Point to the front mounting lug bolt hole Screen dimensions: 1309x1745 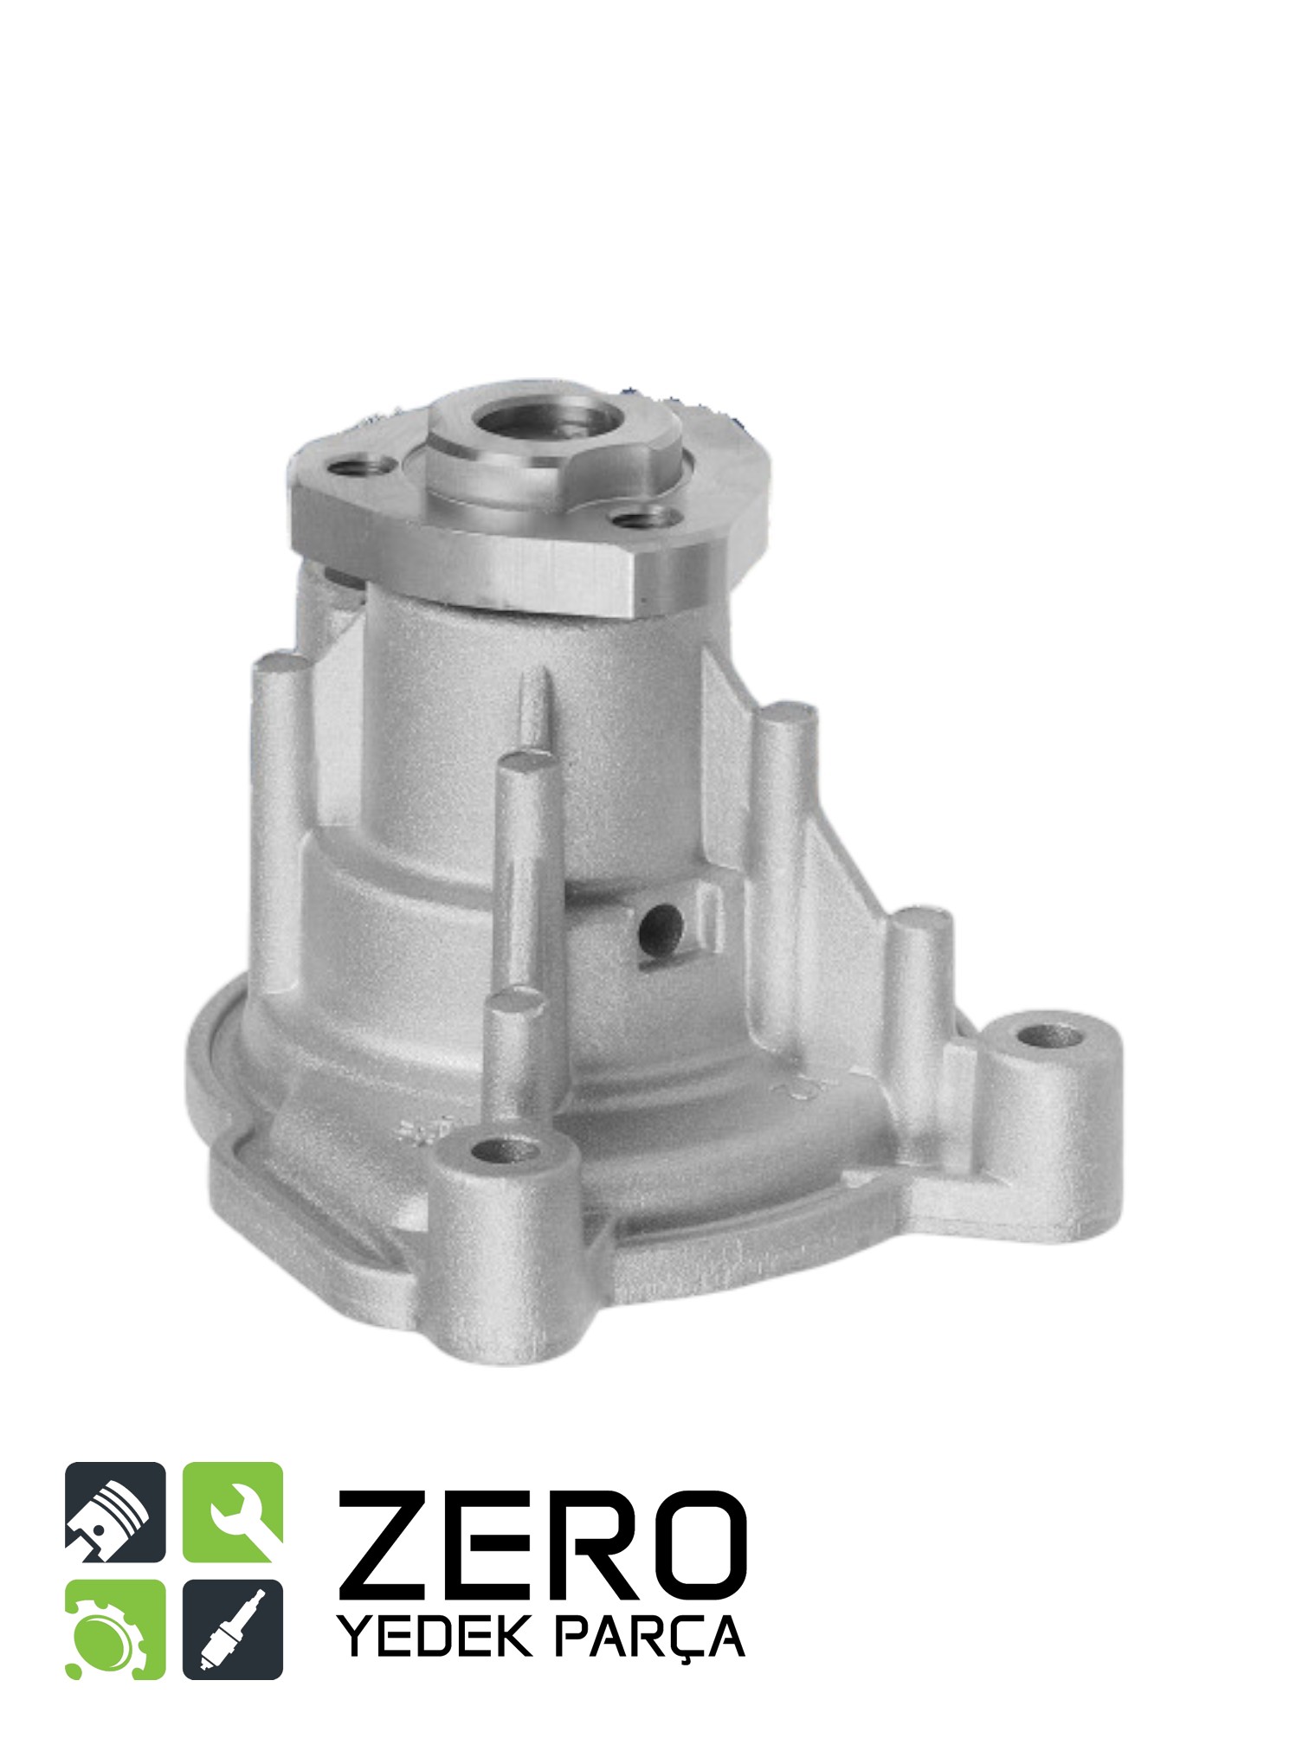(505, 1151)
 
